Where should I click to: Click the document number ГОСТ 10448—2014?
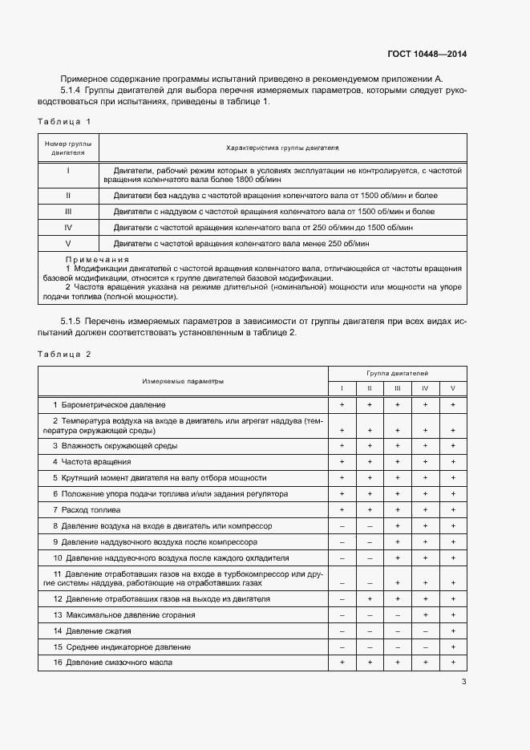coord(427,55)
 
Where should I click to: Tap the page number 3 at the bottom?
coord(463,683)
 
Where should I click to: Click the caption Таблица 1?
coord(64,121)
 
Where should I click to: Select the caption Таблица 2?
coord(64,354)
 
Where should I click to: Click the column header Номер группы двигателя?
coord(68,148)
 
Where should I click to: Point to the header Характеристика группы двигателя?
coord(282,148)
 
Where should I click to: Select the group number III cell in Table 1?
coord(68,211)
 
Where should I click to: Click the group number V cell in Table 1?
coord(68,243)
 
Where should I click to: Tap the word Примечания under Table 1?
coord(96,260)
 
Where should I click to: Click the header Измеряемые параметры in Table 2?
coord(183,381)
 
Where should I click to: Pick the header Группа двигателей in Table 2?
coord(397,374)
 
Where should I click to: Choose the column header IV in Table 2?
coord(425,389)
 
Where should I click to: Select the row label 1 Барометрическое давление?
coord(109,405)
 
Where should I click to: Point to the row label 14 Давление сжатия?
coord(91,630)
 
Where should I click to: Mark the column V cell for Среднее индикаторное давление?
coord(453,647)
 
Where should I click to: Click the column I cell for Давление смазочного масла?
coord(342,663)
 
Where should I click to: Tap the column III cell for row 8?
coord(397,526)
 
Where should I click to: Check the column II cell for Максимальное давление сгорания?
coord(369,615)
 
